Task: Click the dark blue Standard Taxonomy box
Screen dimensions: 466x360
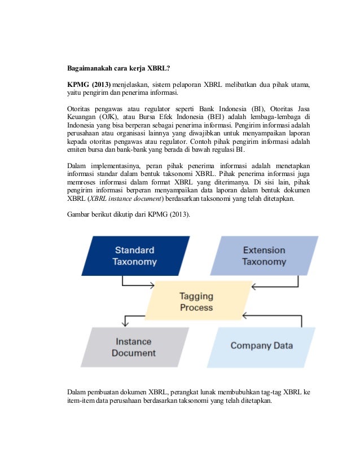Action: pos(135,256)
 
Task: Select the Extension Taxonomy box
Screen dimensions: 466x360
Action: pos(264,256)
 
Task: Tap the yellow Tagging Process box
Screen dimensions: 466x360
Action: pos(196,301)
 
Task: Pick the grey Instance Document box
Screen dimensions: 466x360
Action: pos(134,347)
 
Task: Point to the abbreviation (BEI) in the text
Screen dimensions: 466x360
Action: pos(236,117)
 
